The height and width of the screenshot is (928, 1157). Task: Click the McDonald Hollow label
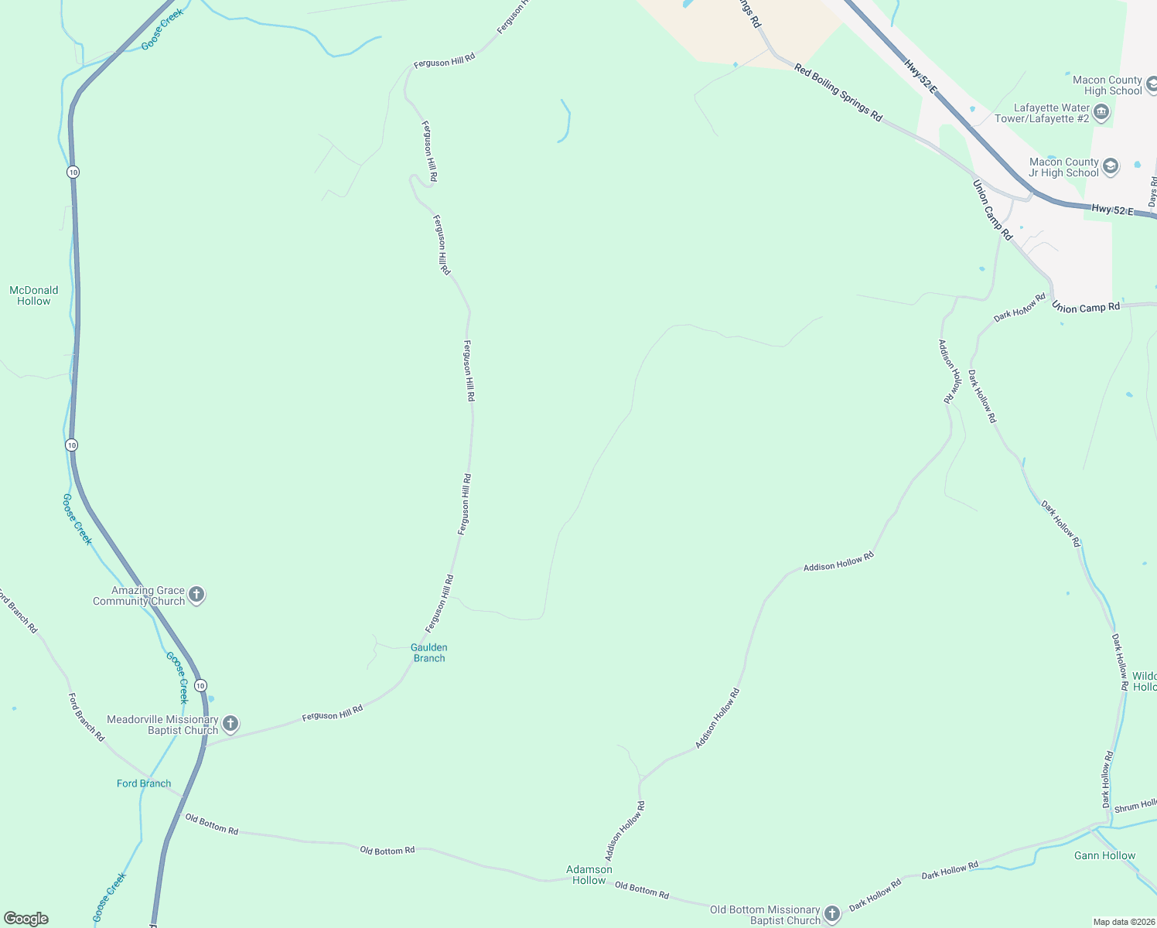click(34, 295)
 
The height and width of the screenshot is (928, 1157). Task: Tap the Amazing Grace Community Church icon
click(196, 595)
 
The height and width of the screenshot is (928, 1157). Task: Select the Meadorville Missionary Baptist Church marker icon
click(230, 724)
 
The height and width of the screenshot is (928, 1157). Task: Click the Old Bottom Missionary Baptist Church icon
click(831, 914)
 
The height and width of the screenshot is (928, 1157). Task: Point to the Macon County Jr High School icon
click(1110, 166)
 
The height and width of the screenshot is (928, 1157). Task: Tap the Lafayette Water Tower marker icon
click(1101, 113)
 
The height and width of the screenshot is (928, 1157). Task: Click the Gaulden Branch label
click(429, 653)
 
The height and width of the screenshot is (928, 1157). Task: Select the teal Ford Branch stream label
click(144, 783)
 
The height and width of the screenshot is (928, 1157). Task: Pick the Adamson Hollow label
click(589, 875)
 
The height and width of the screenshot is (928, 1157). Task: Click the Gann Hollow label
click(1104, 855)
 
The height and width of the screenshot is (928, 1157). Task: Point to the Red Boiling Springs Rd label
click(838, 93)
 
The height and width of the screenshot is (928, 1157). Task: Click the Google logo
click(26, 919)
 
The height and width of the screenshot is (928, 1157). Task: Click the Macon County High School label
click(1107, 85)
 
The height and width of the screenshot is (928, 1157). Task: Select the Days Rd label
click(1152, 192)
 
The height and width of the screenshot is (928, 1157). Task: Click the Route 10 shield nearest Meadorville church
click(201, 686)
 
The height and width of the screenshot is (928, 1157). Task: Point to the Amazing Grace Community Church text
click(139, 595)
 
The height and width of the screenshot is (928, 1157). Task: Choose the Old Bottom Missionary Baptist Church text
click(765, 915)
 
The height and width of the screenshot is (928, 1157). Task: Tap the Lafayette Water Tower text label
click(1042, 113)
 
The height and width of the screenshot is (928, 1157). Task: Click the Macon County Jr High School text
click(1063, 167)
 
